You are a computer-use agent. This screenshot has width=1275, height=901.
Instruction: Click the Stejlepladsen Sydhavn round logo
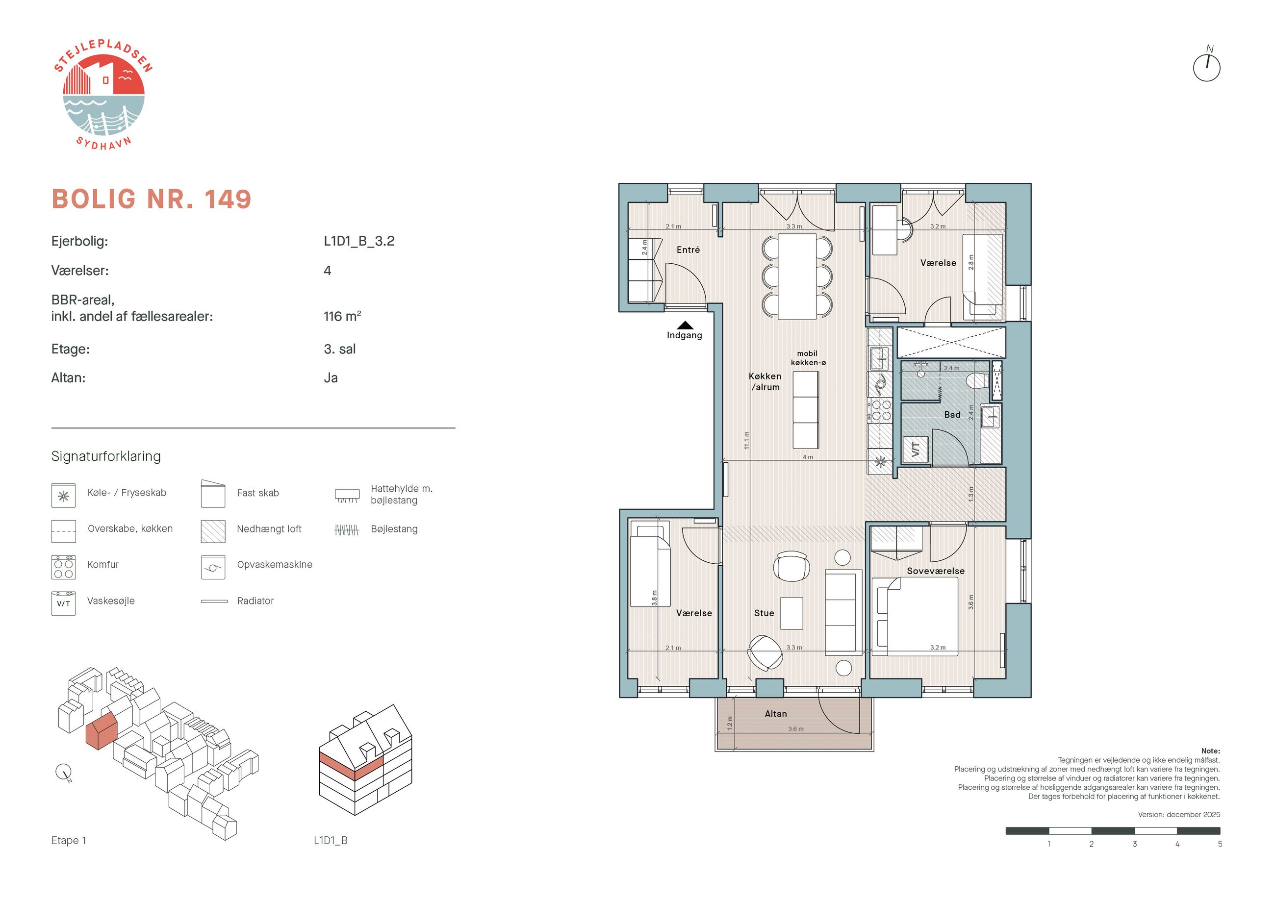tap(103, 95)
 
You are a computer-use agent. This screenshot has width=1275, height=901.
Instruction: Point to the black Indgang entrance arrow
tap(685, 325)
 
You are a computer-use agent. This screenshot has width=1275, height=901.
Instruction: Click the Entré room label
tap(688, 250)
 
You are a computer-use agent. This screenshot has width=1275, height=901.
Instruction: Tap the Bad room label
tap(952, 415)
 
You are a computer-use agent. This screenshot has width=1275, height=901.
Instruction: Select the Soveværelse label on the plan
tap(936, 571)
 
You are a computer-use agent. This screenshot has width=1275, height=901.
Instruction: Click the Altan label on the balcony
tap(776, 714)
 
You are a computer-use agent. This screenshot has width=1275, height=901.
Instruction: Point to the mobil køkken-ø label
tap(808, 358)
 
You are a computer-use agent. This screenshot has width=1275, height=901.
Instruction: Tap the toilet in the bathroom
tap(977, 381)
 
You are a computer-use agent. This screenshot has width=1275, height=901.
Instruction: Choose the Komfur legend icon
tap(63, 567)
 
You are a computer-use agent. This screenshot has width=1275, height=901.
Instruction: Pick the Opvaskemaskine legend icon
tap(213, 567)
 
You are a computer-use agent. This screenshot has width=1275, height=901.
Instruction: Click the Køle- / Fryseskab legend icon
tap(63, 495)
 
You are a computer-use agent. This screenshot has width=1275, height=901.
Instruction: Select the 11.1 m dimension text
tap(746, 440)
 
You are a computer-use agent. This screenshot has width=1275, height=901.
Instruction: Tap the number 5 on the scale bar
tap(1220, 844)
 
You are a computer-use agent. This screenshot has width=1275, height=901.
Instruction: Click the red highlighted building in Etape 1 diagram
tap(101, 729)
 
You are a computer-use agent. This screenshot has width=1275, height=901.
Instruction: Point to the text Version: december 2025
tap(1179, 814)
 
